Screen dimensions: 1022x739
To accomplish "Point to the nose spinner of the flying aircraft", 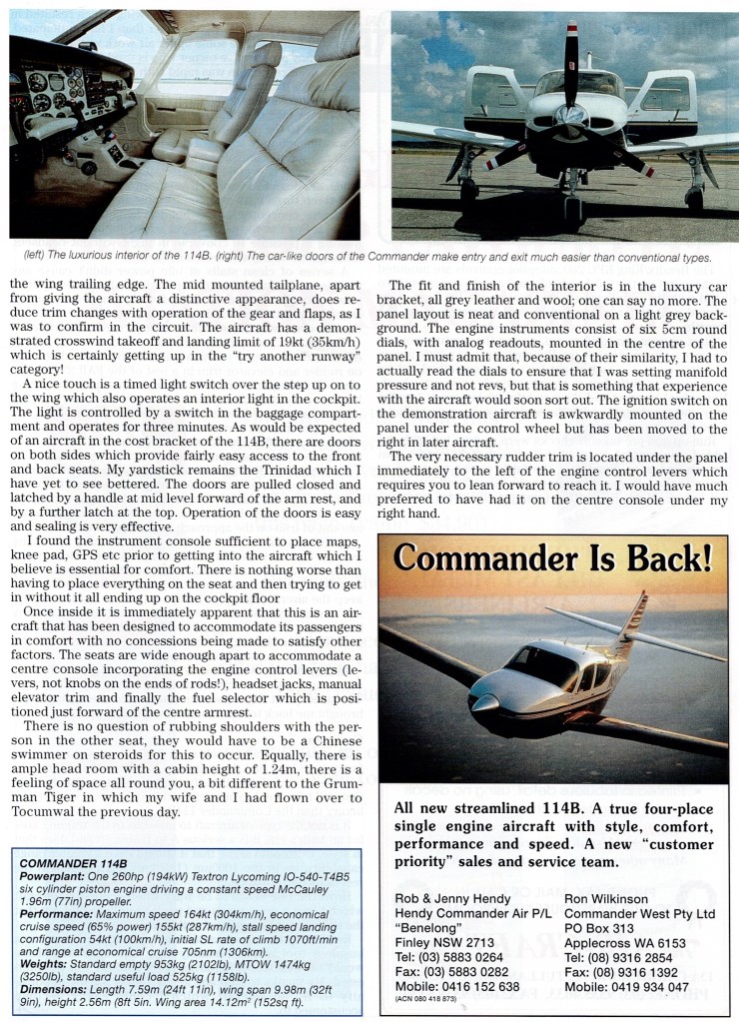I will (x=482, y=705).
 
